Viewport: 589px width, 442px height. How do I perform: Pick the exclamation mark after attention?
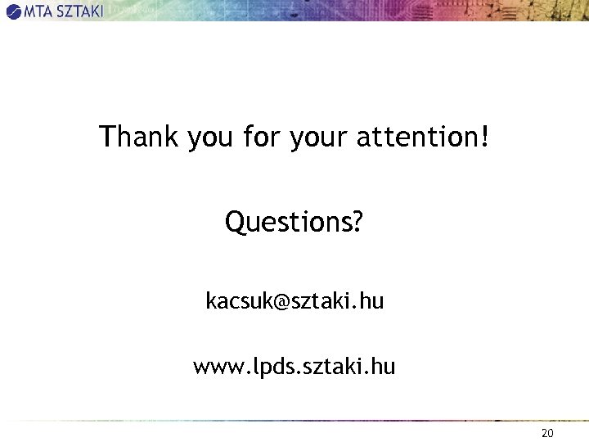click(x=486, y=136)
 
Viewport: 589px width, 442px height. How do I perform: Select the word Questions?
click(x=286, y=221)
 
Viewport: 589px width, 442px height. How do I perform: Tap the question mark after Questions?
click(x=357, y=221)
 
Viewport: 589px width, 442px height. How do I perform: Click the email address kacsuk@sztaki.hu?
click(x=294, y=301)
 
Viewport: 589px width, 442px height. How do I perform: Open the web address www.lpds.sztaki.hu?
click(x=294, y=367)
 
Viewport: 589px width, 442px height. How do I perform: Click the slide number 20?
click(x=547, y=433)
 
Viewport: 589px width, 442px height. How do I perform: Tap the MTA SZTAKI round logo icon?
click(x=14, y=11)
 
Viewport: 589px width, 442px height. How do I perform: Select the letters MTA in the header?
click(x=38, y=11)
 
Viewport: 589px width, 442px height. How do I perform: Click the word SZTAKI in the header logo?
click(x=79, y=11)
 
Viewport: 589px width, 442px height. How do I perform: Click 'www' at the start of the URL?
click(x=214, y=368)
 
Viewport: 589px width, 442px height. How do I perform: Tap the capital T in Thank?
click(x=107, y=136)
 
